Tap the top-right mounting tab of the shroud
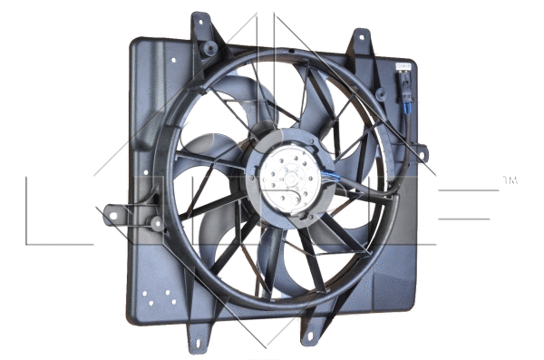360,41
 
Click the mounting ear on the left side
113,216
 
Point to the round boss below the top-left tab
210,47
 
